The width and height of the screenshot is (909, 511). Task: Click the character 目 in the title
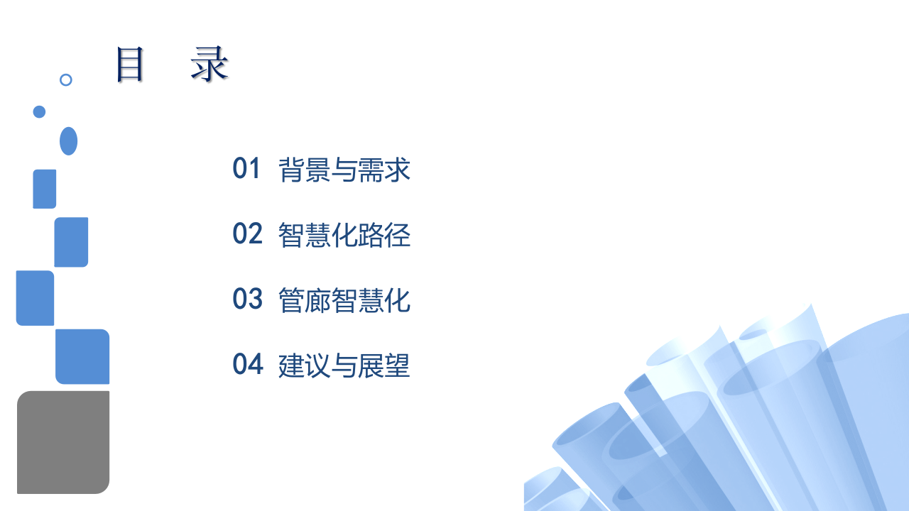click(130, 65)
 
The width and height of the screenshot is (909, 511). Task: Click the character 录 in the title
click(209, 65)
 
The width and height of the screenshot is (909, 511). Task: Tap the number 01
click(247, 170)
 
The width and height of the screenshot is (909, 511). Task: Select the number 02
click(247, 234)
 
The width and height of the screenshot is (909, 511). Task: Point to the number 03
click(247, 300)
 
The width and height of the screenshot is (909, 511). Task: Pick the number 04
click(247, 365)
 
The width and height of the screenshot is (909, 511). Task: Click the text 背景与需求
click(344, 170)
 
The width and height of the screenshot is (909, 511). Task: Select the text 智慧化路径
click(344, 235)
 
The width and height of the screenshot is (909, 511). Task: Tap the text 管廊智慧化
click(344, 300)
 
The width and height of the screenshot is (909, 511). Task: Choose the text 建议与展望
click(344, 366)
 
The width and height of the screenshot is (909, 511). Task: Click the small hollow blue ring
click(66, 80)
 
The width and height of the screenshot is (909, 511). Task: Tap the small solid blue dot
click(39, 111)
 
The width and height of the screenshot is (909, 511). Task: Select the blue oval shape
click(68, 141)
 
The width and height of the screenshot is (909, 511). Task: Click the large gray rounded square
click(63, 442)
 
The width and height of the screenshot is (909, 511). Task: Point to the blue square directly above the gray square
click(82, 356)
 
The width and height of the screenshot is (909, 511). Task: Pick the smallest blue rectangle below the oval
click(45, 189)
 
